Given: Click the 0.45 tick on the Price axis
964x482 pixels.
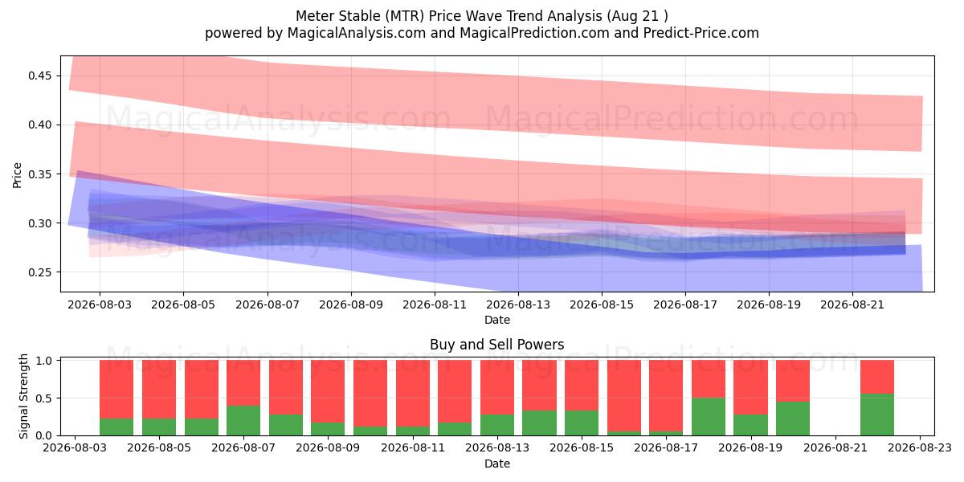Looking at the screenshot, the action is (x=39, y=76).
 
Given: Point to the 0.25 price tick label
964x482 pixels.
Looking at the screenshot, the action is (x=39, y=272).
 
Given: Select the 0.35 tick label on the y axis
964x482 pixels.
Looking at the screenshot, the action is (x=39, y=174).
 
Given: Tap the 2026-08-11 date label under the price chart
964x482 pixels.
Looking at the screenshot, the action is (x=435, y=304).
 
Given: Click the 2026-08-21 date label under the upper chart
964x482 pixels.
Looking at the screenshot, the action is (x=852, y=304).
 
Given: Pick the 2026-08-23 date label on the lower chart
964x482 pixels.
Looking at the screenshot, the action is (x=920, y=448).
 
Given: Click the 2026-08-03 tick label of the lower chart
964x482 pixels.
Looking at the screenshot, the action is (x=75, y=448).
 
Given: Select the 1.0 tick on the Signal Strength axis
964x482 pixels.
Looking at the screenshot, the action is (x=44, y=361).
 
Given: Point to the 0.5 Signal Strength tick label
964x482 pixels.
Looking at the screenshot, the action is (x=44, y=398).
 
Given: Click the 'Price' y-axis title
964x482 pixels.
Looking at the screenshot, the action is (x=17, y=175).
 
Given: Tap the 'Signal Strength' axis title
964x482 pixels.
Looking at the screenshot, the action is (x=23, y=396).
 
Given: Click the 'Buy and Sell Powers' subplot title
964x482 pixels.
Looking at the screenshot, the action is (x=496, y=345).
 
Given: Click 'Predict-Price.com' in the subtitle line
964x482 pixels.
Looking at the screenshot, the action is (x=701, y=33).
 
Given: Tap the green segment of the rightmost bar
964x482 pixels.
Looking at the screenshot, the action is (x=877, y=415).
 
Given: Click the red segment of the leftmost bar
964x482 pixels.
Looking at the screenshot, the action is (x=116, y=390).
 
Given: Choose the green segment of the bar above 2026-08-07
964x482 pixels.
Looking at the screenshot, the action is (x=243, y=420).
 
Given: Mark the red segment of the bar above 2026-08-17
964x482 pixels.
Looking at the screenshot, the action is (x=666, y=395).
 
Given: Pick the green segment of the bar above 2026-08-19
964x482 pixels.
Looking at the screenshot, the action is (x=750, y=425).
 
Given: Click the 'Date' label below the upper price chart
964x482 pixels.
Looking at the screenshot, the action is (x=497, y=321).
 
